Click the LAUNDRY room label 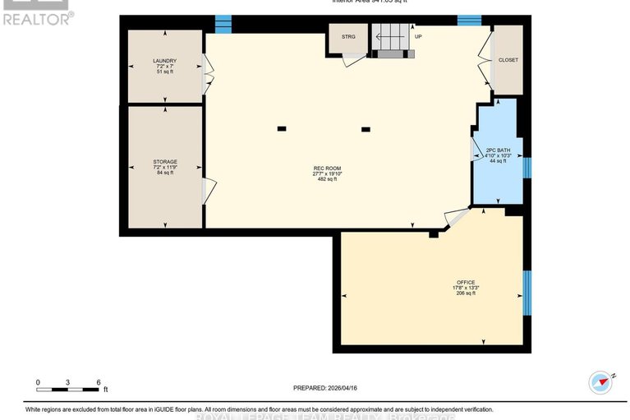point(164,60)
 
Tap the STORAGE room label point(165,162)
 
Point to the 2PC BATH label point(498,150)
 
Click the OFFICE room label point(466,282)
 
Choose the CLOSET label point(508,60)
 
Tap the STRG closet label point(348,37)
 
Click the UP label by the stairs point(418,37)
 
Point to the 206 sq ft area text point(466,293)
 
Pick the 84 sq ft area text point(165,173)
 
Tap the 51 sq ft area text point(164,72)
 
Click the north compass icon point(601,382)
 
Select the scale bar point(68,387)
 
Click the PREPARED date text point(326,388)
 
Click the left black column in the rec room point(282,128)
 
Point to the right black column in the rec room point(366,129)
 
